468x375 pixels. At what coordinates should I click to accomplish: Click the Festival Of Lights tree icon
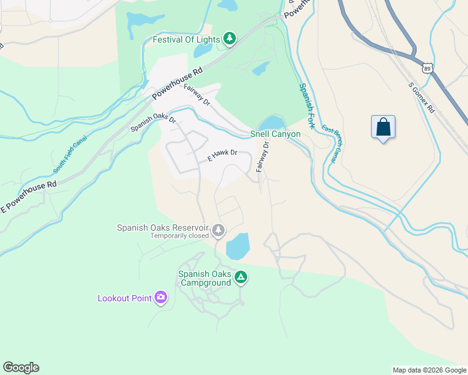pos(230,39)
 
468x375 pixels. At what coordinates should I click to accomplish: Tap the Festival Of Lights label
pos(186,40)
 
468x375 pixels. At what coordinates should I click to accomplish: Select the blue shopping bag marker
pos(383,127)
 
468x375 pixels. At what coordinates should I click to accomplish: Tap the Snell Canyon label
pos(275,134)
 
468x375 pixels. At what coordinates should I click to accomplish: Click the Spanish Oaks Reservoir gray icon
pos(218,231)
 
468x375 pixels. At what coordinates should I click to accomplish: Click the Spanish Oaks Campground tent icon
pos(241,277)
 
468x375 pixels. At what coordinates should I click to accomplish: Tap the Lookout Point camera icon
pos(161,297)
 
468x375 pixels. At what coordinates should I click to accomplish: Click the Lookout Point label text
pos(125,298)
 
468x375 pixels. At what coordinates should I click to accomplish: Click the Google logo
pos(21,367)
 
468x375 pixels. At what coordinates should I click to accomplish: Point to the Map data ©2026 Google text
pos(429,370)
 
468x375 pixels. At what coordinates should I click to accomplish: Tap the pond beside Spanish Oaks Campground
pos(237,247)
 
